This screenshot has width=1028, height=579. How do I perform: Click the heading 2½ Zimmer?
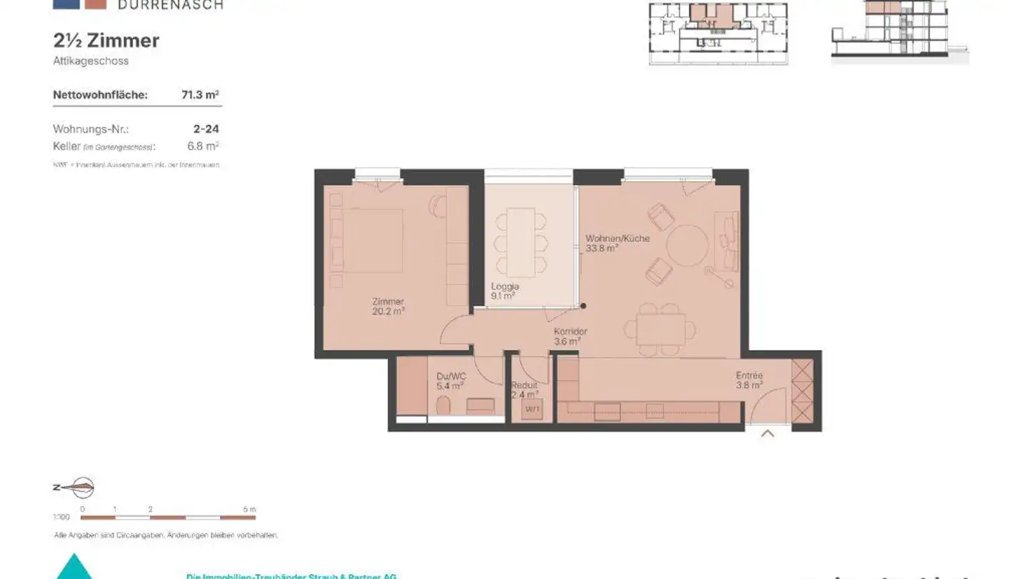pos(106,41)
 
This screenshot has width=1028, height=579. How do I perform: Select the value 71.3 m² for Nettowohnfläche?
pos(200,94)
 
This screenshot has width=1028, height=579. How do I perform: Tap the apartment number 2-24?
pos(206,129)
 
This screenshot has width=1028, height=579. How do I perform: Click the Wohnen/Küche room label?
pos(617,243)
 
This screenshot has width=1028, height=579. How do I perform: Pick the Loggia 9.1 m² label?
pos(504,290)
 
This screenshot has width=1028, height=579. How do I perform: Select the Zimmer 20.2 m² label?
pos(388,306)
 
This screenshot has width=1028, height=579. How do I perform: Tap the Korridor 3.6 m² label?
pos(570,336)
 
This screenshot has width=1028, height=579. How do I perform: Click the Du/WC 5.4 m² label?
pos(451,381)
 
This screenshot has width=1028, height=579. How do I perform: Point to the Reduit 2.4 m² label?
pos(525,390)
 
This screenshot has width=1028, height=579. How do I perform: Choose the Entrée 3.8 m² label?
pos(750,380)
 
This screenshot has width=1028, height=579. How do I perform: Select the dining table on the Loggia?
pos(521,242)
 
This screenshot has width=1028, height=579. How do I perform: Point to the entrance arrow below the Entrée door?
pos(767,433)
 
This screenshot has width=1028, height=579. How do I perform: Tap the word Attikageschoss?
pos(91,61)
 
